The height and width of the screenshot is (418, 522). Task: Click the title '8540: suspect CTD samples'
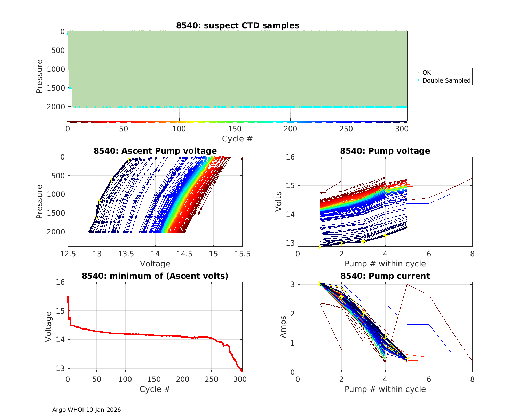[237, 25]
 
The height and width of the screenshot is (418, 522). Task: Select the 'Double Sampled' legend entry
[446, 80]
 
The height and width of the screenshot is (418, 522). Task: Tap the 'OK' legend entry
[426, 72]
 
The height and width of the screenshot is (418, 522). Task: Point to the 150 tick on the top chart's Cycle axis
[235, 129]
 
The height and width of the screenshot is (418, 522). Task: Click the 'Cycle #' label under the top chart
[237, 139]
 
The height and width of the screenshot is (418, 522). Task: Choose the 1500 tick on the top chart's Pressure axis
[56, 88]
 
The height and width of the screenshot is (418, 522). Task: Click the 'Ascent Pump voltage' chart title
[155, 151]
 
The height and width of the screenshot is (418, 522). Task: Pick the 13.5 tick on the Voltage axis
[126, 254]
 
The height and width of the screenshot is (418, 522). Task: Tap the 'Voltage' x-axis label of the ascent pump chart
[155, 264]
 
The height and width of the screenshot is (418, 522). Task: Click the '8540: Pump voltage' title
[385, 151]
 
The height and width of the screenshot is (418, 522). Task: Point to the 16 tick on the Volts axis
[291, 157]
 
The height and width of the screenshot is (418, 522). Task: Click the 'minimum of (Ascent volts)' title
[155, 276]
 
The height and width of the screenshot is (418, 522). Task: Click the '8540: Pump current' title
[385, 276]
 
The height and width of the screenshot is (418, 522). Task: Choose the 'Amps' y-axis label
[283, 326]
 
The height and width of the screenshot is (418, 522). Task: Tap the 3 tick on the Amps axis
[293, 285]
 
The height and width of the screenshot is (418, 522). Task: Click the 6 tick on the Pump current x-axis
[429, 379]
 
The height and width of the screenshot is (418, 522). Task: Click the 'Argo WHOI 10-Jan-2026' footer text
[86, 410]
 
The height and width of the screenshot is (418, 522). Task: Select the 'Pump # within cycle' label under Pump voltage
[385, 264]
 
